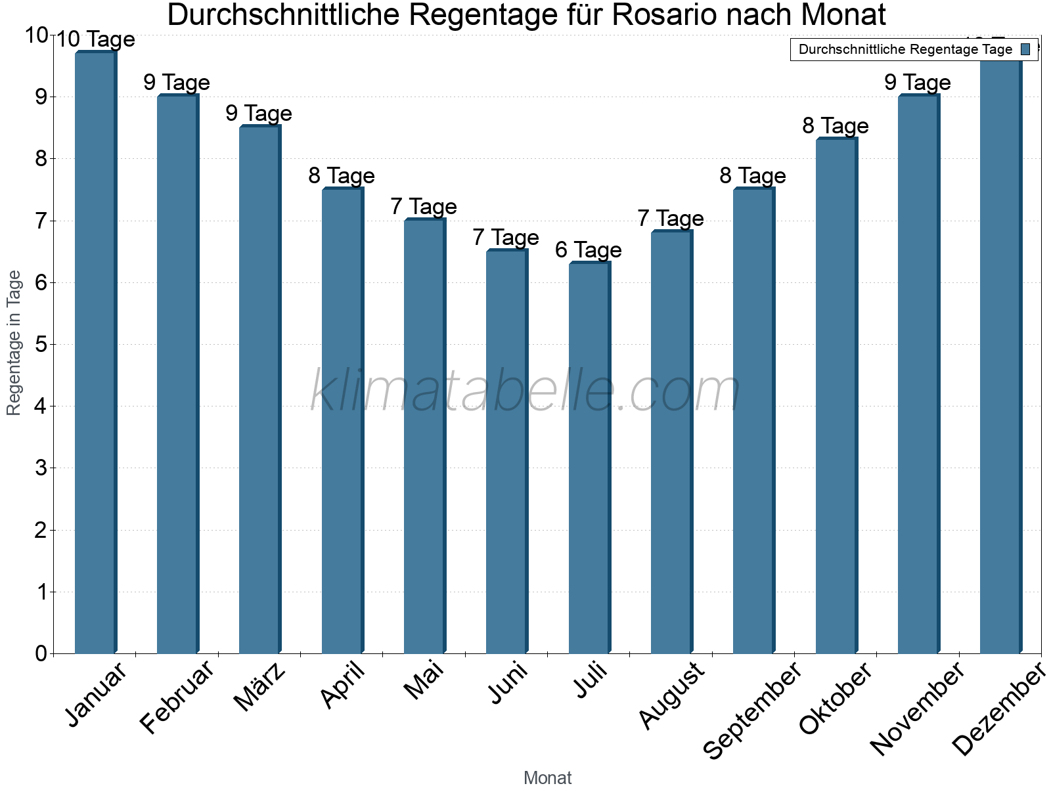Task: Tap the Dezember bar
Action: coord(1000,355)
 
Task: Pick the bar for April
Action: coord(342,420)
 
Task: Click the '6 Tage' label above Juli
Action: coord(588,250)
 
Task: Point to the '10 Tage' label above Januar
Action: coord(95,40)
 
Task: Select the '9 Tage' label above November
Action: coord(917,83)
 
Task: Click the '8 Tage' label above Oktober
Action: coord(835,126)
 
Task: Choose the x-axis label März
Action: coord(260,687)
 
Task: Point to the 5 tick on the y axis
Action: coord(41,345)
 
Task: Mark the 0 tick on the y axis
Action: coord(41,653)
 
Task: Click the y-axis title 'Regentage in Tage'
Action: coord(14,343)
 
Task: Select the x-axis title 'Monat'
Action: coord(547,778)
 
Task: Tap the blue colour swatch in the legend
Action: coord(1025,49)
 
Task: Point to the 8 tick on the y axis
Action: coord(41,159)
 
